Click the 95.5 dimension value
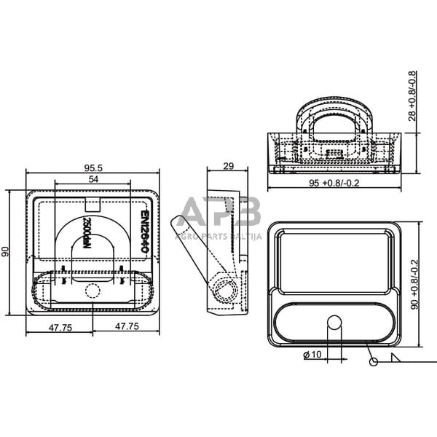[93, 168]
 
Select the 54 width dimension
[93, 179]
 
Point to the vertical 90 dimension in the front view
[6, 251]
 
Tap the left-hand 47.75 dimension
[60, 328]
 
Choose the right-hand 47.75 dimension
[126, 328]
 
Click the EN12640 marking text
[144, 232]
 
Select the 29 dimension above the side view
[227, 167]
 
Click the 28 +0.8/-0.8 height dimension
[413, 95]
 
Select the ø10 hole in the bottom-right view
[334, 322]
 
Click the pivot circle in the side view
[225, 290]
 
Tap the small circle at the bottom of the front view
[92, 291]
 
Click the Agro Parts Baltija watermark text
[219, 236]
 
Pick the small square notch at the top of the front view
[92, 204]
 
